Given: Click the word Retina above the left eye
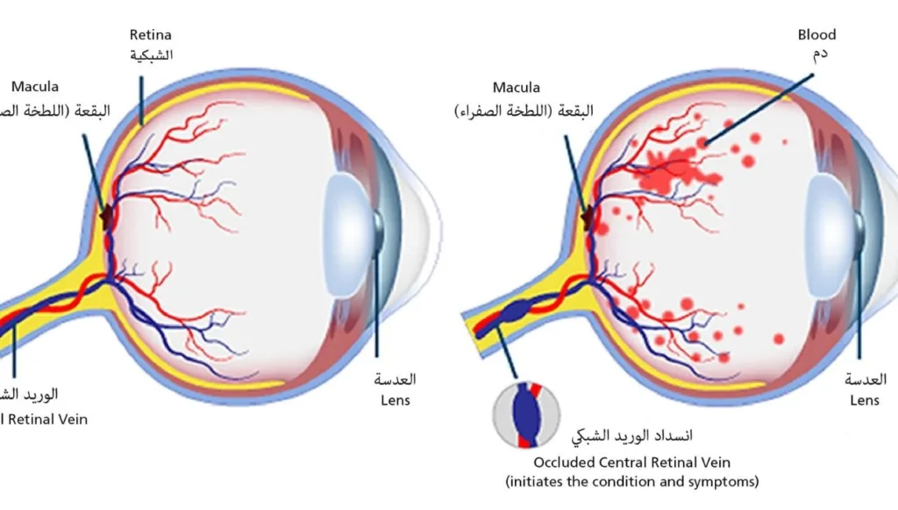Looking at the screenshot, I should pos(151,36).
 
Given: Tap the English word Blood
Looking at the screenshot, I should pos(816,35).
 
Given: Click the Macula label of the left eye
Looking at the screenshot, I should pos(35,88).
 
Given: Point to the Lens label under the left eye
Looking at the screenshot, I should pos(396,400).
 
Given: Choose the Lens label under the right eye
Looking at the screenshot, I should pos(865,400).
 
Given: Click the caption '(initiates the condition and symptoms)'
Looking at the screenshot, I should pos(631,482).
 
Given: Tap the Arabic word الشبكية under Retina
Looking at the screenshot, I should pos(151,55).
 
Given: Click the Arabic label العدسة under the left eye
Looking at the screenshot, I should pos(396,380).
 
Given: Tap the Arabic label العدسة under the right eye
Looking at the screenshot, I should pos(866,380).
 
